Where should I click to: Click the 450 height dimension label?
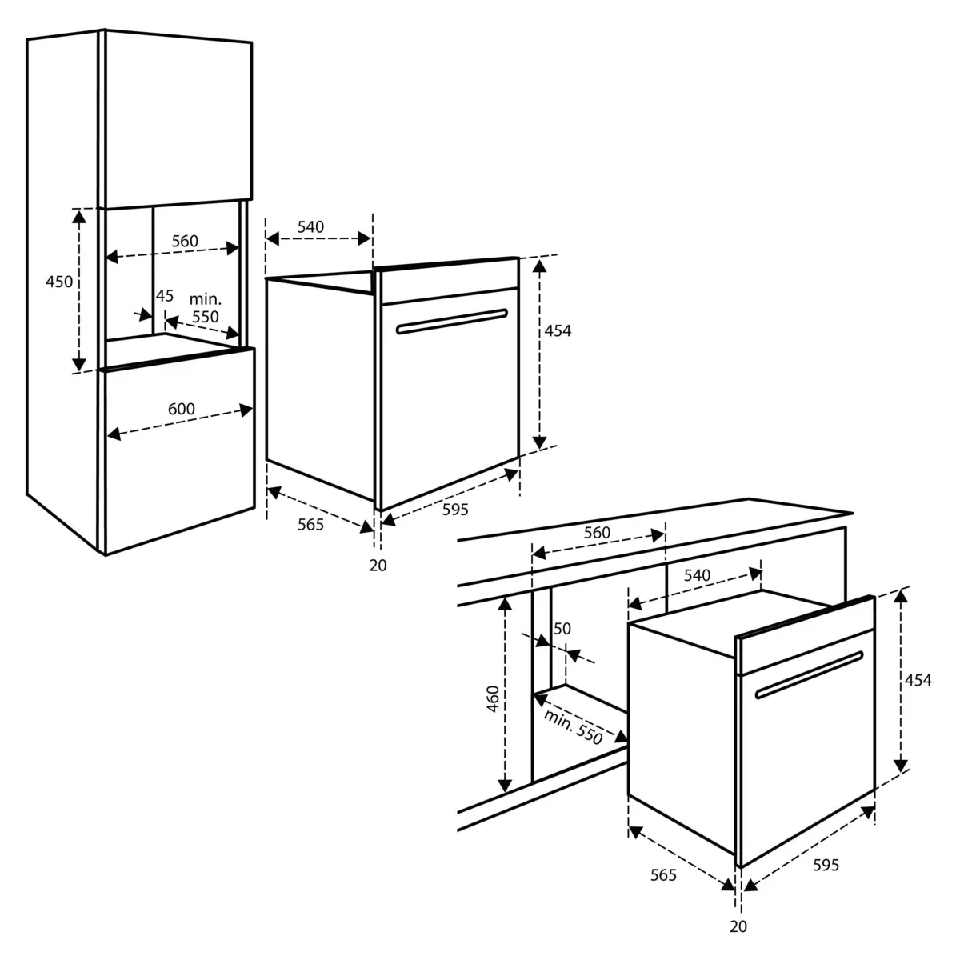pos(59,282)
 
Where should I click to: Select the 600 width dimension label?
pos(182,409)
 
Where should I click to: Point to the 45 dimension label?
pos(165,296)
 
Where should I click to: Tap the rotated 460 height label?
pos(493,699)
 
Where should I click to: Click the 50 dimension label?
pos(562,629)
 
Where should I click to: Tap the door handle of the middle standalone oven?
pos(452,322)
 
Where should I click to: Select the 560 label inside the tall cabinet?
pos(185,241)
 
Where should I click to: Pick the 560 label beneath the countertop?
pos(597,533)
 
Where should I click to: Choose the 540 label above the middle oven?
pos(310,227)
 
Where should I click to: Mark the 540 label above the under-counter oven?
pos(697,575)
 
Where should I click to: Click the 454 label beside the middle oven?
pos(558,330)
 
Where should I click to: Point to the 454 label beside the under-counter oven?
pos(918,680)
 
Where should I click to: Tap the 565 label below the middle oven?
pos(310,525)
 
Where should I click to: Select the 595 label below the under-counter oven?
pos(826,866)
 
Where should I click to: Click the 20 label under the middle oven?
pos(378,566)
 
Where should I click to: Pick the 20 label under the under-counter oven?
pos(738,926)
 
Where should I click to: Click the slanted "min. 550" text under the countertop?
pos(573,726)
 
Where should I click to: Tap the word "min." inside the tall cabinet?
pos(205,299)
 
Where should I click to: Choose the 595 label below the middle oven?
pos(455,510)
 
